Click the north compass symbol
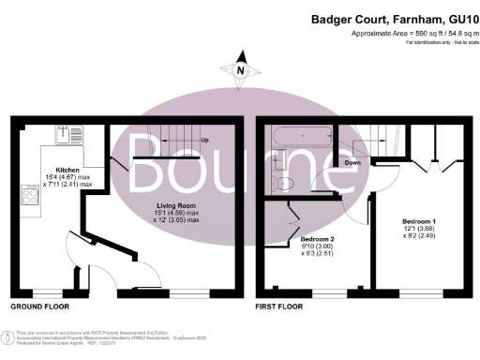241,69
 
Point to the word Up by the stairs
204,142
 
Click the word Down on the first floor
352,163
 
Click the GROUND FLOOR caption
38,307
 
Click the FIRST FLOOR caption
282,307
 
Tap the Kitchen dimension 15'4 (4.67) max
68,177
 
